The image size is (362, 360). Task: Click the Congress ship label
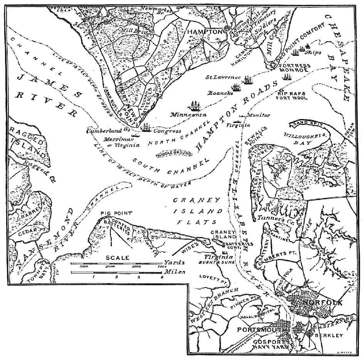point(167,131)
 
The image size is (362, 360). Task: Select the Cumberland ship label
point(103,131)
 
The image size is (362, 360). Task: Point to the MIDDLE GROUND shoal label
point(174,154)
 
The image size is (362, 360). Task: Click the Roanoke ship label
point(219,93)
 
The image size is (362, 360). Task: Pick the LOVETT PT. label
point(210,277)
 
